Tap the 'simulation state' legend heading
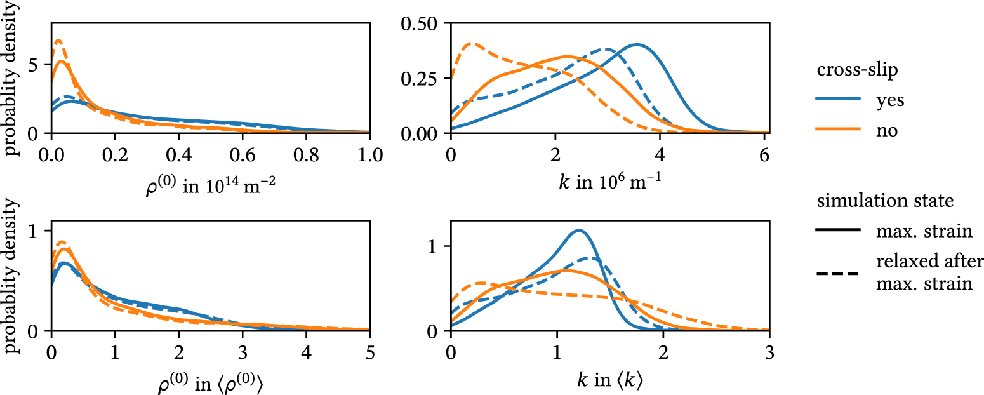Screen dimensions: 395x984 click(x=886, y=201)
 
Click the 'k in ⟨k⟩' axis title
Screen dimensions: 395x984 click(x=608, y=382)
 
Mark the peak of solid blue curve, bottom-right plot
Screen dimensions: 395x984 click(x=578, y=230)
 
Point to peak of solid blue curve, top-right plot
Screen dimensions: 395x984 click(x=636, y=44)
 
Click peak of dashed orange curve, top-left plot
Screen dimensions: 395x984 click(x=58, y=40)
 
